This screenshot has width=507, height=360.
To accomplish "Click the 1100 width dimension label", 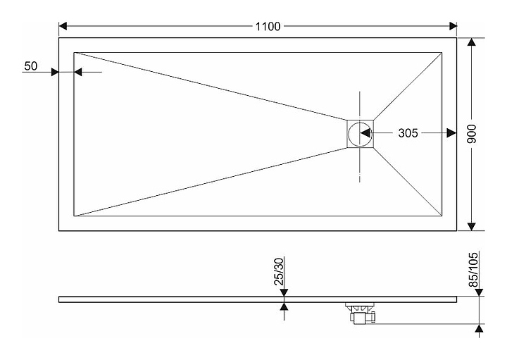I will click(268, 27).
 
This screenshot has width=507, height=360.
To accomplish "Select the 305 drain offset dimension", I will click(408, 133).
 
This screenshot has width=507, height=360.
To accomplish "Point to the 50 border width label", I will click(30, 66).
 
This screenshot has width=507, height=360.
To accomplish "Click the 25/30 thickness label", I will click(280, 271).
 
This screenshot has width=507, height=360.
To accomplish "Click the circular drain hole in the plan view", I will click(360, 133).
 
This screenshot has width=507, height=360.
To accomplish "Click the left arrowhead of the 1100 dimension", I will click(63, 27).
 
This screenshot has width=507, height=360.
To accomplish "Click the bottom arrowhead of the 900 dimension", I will click(472, 226).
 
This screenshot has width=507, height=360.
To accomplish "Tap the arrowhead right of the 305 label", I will click(451, 133).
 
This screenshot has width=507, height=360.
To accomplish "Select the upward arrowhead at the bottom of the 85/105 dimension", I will click(480, 328).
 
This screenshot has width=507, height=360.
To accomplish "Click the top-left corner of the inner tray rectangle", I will click(74, 52).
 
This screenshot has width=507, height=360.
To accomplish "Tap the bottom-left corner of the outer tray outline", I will click(58, 231).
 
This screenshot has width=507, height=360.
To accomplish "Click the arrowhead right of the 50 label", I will click(79, 72).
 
